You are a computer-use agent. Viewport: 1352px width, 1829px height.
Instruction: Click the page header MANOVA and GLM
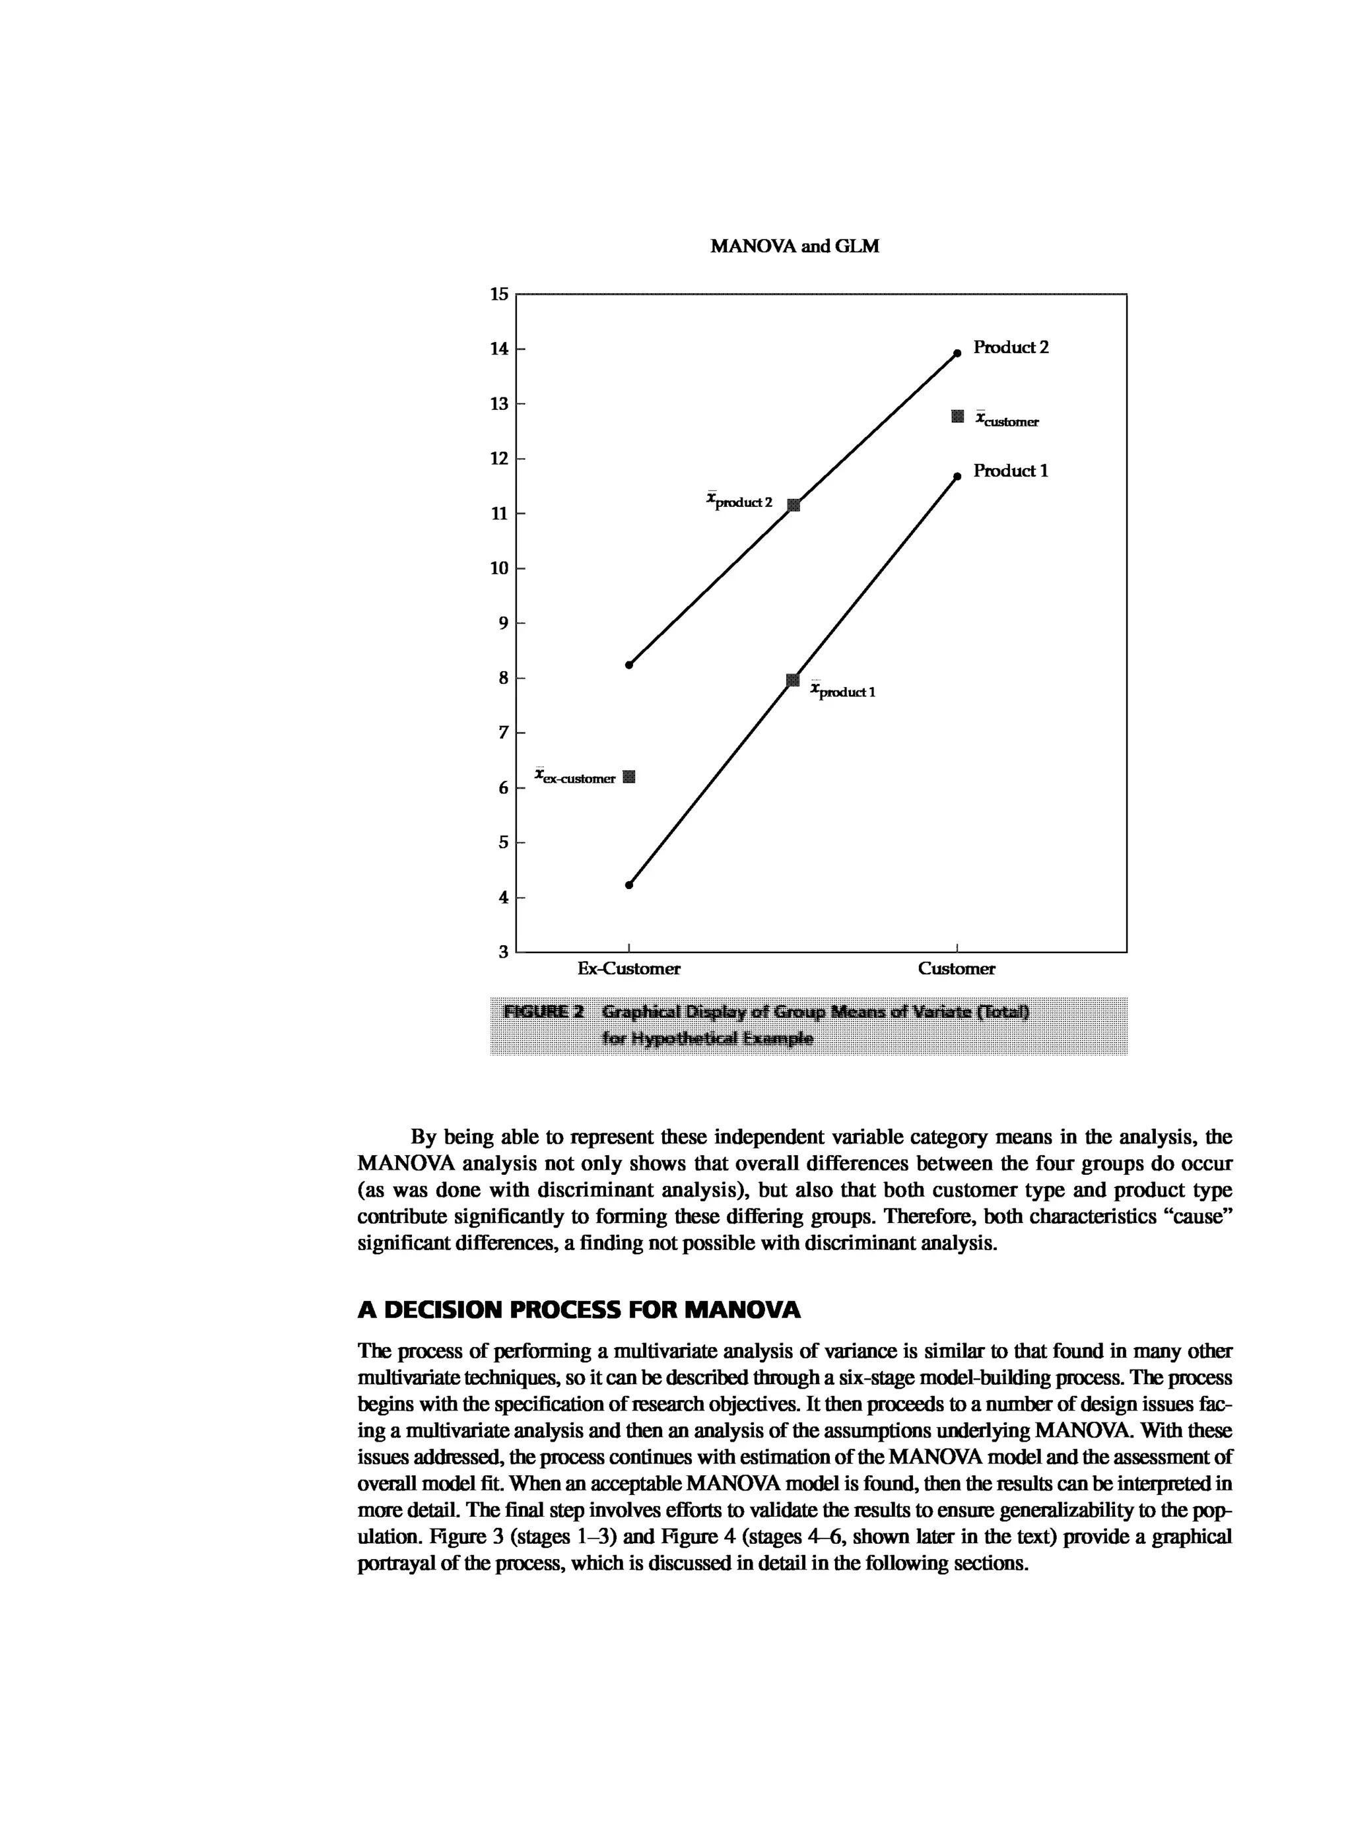coord(794,246)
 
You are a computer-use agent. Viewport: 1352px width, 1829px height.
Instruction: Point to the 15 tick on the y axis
coord(499,294)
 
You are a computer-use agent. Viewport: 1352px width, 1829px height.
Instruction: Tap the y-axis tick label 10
coord(499,568)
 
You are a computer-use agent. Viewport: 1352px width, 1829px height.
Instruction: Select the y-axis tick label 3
coord(503,952)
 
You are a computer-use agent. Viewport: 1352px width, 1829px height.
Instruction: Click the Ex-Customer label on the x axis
coord(628,969)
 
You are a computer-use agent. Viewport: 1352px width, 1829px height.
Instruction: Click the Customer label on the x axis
coord(956,969)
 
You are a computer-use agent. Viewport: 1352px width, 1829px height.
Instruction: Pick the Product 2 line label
coord(1011,347)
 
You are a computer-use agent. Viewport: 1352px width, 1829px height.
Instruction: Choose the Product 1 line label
coord(1011,471)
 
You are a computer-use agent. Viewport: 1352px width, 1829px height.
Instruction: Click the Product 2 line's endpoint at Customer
coord(957,354)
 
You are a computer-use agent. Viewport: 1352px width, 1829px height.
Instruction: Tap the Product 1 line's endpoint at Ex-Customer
coord(628,884)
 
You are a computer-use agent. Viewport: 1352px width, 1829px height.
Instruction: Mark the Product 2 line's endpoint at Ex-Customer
coord(628,665)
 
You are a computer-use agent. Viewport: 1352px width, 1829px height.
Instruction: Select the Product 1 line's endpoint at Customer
coord(957,477)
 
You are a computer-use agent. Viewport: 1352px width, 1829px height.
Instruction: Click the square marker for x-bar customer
coord(957,416)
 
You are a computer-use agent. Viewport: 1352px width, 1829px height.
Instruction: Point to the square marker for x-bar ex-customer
coord(628,777)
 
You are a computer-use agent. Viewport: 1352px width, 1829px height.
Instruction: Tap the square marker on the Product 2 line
coord(792,505)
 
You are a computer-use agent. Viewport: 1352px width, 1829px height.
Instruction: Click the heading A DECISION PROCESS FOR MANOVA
coord(578,1310)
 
